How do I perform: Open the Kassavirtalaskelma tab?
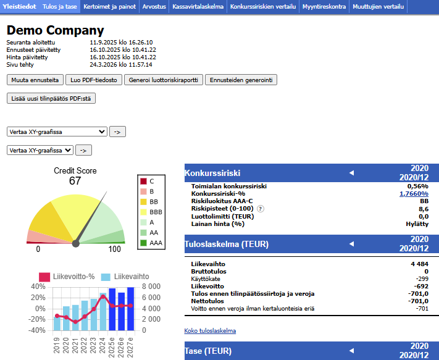click(x=198, y=6)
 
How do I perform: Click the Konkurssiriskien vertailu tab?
click(x=263, y=6)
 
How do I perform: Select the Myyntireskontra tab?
click(x=324, y=6)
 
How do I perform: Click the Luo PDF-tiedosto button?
click(x=94, y=80)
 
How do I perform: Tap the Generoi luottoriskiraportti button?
click(x=164, y=80)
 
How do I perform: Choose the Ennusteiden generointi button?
click(x=241, y=80)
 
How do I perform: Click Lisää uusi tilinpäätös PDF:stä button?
click(x=51, y=98)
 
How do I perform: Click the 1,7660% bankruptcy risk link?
click(x=414, y=194)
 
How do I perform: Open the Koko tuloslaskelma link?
click(x=210, y=331)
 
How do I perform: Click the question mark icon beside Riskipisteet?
click(x=261, y=209)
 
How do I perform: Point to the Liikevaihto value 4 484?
click(x=419, y=264)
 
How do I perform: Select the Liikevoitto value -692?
click(x=421, y=287)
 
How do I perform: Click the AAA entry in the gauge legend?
click(x=151, y=243)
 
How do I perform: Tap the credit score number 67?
click(x=75, y=181)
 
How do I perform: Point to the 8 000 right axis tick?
click(x=151, y=287)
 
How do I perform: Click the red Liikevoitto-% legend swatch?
click(x=44, y=277)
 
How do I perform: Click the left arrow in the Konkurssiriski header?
click(x=352, y=173)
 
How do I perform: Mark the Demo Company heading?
click(x=55, y=30)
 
